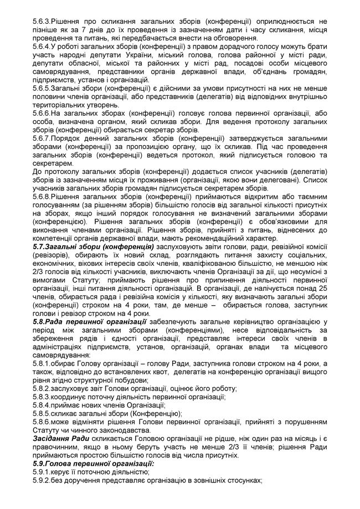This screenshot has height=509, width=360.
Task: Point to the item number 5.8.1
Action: [43, 362]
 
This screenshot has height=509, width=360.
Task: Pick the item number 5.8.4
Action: [43, 404]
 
